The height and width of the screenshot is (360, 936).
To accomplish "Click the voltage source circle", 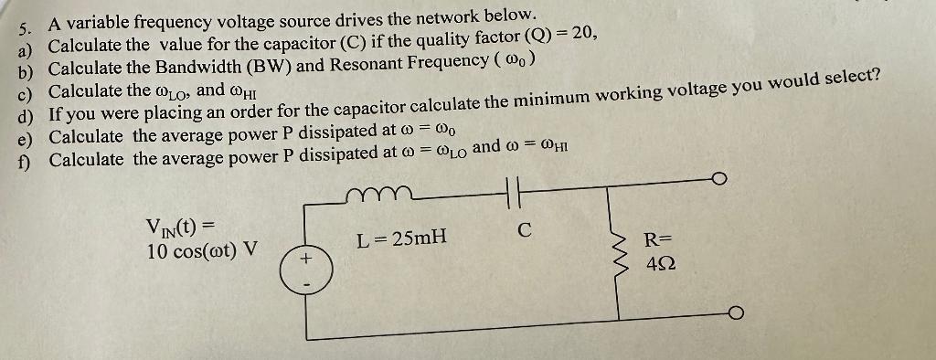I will click(306, 267).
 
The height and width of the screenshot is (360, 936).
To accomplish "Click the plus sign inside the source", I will click(306, 259).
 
